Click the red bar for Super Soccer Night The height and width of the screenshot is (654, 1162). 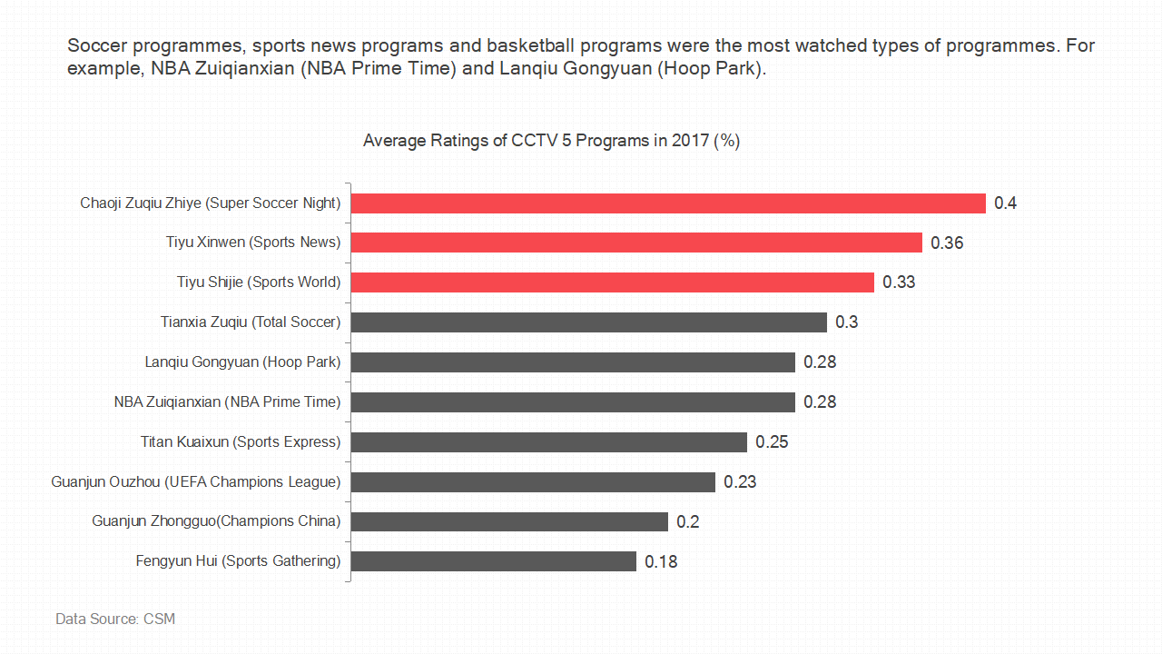point(668,203)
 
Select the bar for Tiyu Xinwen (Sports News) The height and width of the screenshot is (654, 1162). point(636,243)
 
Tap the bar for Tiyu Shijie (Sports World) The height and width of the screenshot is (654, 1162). point(612,282)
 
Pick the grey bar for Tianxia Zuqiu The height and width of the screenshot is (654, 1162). point(588,322)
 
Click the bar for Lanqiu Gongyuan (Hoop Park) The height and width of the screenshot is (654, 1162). point(573,362)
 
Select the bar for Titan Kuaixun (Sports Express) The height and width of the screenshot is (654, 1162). point(548,442)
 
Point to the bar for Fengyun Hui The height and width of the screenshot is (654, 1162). point(493,561)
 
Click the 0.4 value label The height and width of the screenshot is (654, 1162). point(1005,203)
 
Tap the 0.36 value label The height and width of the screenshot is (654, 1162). point(947,243)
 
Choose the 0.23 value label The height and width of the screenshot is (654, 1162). point(740,482)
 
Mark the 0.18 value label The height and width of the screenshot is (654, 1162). point(661,562)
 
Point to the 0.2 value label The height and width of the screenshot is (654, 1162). point(687,522)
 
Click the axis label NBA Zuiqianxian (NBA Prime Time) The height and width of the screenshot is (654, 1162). point(227,401)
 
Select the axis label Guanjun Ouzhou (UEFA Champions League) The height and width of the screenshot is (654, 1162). point(195,481)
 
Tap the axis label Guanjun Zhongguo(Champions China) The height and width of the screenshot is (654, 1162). point(216,521)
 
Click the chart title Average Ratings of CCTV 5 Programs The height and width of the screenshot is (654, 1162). point(551,141)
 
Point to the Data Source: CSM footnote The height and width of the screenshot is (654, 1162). point(115,619)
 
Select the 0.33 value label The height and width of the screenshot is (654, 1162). point(899,282)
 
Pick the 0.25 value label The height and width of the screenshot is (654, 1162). point(772,442)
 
